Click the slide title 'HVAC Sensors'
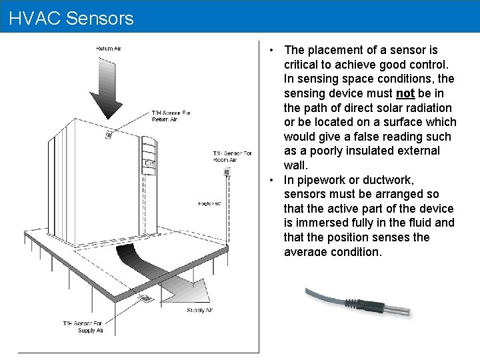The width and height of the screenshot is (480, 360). click(71, 18)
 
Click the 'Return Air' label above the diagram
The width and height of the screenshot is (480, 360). click(108, 48)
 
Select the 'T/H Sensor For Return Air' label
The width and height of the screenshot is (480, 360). click(171, 116)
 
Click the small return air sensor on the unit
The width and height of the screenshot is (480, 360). click(108, 135)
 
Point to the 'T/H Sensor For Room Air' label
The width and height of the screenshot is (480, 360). click(232, 157)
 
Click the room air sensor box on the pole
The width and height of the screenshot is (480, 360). click(227, 173)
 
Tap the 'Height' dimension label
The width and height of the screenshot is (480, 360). click(209, 203)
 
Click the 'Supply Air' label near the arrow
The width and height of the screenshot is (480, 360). click(199, 310)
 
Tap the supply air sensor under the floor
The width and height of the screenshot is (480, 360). click(145, 300)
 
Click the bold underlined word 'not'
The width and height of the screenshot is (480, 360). click(405, 93)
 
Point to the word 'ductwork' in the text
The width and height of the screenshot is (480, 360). click(373, 180)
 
